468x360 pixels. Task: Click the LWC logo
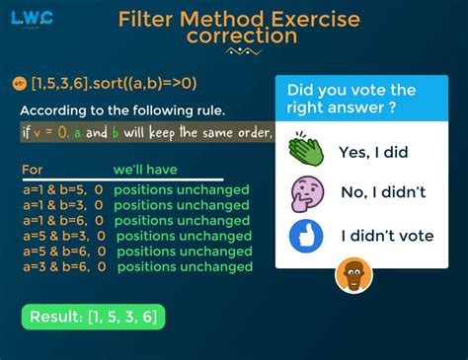[x=32, y=19]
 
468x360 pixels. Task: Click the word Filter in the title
[x=145, y=19]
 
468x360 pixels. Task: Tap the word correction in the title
[x=242, y=36]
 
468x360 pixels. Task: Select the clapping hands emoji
[x=306, y=149]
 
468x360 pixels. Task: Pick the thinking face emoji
[x=307, y=193]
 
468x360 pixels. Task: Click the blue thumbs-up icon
[x=306, y=236]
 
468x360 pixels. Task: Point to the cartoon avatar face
[x=353, y=275]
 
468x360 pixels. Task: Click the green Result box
[x=93, y=317]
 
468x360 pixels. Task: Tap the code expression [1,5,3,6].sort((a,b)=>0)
[x=114, y=84]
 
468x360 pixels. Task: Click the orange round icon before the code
[x=19, y=84]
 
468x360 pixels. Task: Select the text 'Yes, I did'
[x=373, y=153]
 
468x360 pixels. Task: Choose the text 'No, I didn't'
[x=383, y=192]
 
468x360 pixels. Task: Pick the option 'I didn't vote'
[x=387, y=236]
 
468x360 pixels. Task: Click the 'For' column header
[x=33, y=170]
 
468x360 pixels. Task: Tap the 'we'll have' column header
[x=145, y=170]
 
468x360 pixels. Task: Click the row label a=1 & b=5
[x=55, y=190]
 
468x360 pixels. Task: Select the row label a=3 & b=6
[x=56, y=266]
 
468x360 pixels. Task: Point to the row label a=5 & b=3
[x=56, y=236]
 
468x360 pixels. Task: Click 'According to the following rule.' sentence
[x=122, y=110]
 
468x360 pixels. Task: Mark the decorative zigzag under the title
[x=243, y=51]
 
